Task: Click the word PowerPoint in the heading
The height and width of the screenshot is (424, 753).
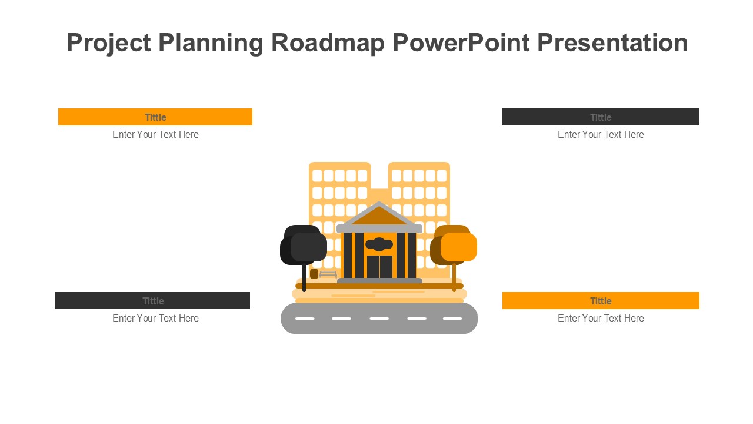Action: [x=460, y=43]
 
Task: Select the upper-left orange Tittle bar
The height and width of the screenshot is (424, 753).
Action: [x=155, y=117]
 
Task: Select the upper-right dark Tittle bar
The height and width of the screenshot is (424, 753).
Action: [x=601, y=117]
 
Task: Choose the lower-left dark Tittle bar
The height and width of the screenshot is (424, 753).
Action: [x=152, y=301]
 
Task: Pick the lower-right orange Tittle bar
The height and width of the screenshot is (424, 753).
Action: [x=601, y=301]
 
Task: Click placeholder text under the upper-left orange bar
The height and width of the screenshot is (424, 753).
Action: [x=155, y=135]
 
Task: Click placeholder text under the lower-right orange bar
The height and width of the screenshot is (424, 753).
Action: [x=601, y=319]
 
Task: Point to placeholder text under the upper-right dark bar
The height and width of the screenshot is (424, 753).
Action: [x=601, y=135]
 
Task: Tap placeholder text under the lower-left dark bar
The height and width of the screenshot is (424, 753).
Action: [x=155, y=319]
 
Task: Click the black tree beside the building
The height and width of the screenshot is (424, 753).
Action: [x=304, y=246]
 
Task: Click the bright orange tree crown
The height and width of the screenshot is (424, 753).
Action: [x=459, y=247]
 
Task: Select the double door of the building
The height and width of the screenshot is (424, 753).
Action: [x=379, y=267]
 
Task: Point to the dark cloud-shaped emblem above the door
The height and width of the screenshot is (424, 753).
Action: [x=379, y=244]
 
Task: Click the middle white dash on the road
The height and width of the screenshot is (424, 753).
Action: [x=379, y=319]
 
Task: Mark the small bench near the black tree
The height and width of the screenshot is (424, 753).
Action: [x=328, y=274]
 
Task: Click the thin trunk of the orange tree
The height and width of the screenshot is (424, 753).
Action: [x=454, y=278]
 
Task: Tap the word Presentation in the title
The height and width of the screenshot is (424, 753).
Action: [x=612, y=43]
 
